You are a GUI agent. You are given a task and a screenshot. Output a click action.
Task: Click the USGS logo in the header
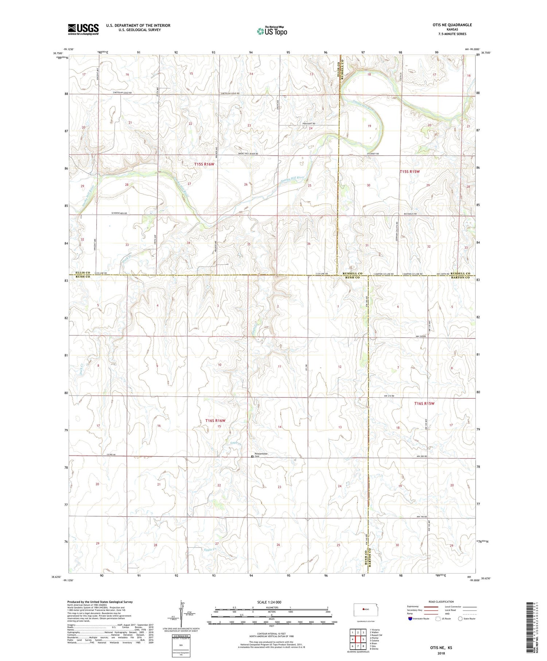click(83, 29)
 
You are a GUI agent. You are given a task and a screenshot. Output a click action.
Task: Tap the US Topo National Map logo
click(272, 31)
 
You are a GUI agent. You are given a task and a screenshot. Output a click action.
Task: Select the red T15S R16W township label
click(204, 164)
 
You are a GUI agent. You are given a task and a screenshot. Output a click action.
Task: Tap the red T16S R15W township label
click(424, 404)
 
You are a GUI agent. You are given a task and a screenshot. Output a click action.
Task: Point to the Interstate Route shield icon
click(411, 619)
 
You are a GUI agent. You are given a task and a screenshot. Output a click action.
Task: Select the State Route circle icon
click(460, 619)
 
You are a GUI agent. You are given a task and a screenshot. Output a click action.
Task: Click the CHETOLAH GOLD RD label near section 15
click(230, 94)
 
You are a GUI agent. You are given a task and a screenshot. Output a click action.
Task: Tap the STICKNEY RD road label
click(373, 154)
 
